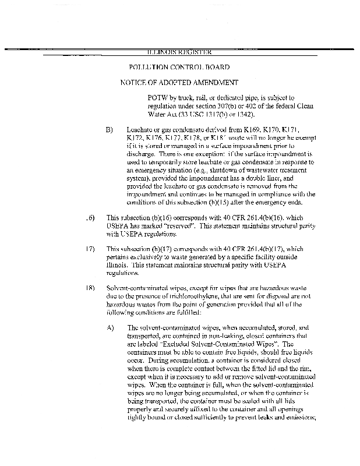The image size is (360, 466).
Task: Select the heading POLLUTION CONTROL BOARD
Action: tap(179, 68)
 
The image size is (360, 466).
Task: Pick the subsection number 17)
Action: tap(90, 249)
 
